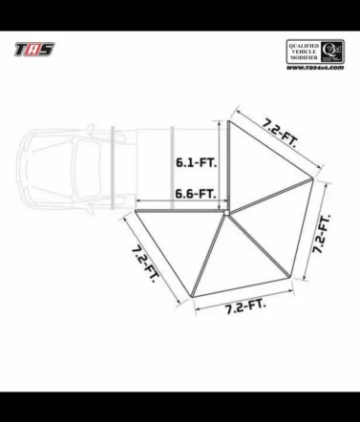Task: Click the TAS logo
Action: (32, 49)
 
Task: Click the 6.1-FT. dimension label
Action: (195, 163)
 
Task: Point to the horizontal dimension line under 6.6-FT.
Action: (180, 202)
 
